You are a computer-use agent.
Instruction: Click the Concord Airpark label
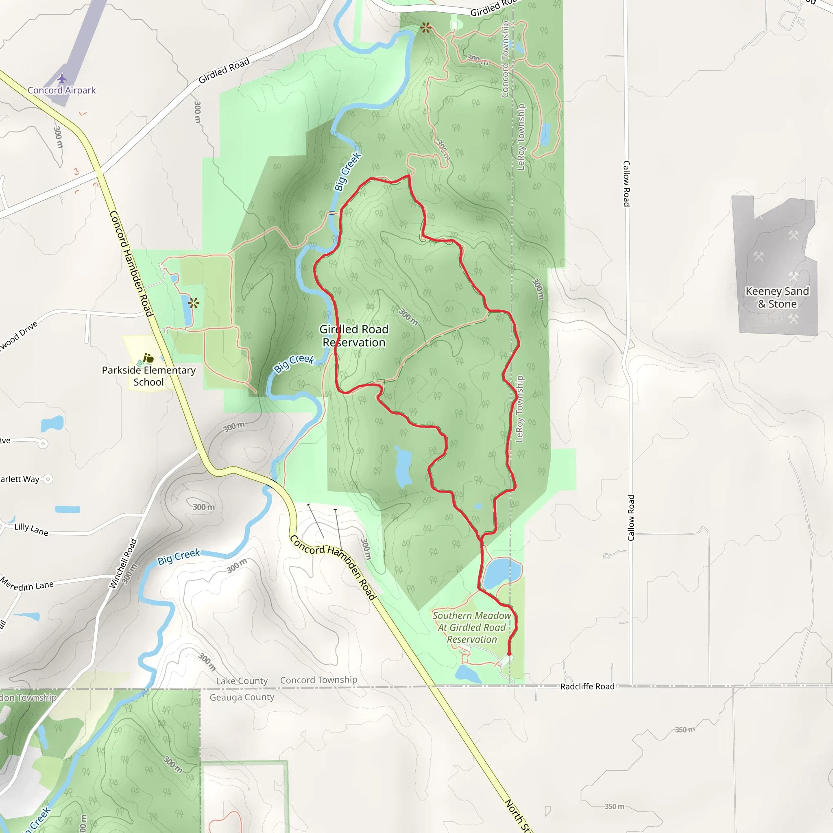click(x=62, y=90)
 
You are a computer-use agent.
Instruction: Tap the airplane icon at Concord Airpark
click(x=62, y=79)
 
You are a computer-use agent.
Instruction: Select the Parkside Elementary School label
click(x=149, y=376)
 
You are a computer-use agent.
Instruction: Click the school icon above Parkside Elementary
click(x=148, y=358)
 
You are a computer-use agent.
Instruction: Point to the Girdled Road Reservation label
click(x=354, y=336)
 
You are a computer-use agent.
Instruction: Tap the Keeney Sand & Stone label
click(x=777, y=297)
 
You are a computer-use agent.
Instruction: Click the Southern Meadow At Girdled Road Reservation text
click(x=472, y=627)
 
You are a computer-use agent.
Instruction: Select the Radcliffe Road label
click(x=587, y=687)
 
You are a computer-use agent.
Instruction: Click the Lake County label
click(x=242, y=681)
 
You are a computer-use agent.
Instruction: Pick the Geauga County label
click(x=242, y=697)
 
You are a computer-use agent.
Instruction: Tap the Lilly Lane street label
click(x=31, y=529)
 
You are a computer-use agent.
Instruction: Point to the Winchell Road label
click(x=123, y=563)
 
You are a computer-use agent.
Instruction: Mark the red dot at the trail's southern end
click(x=509, y=654)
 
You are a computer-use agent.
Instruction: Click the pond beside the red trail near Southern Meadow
click(x=502, y=572)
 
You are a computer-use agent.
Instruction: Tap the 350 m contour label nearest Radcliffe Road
click(x=685, y=730)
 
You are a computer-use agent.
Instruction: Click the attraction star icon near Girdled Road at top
click(x=425, y=28)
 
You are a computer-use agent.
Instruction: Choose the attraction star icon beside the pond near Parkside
click(x=194, y=303)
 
